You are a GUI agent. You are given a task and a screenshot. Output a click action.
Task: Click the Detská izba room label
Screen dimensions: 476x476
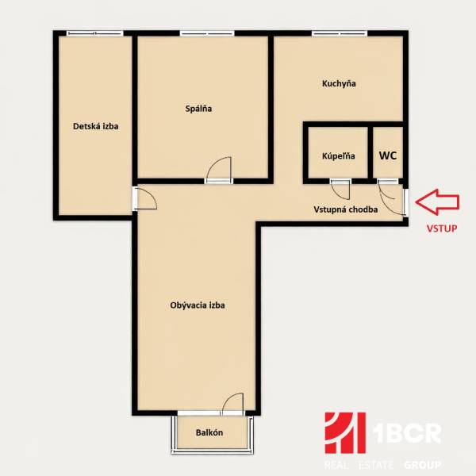click(x=95, y=125)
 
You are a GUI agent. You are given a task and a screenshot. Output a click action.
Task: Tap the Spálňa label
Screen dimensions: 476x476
click(x=198, y=108)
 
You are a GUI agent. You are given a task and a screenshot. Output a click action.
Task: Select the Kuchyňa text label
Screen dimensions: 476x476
click(x=339, y=83)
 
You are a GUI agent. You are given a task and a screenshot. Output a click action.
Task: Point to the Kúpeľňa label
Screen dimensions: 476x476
click(x=338, y=156)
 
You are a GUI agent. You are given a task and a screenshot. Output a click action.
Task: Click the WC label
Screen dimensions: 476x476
click(x=388, y=155)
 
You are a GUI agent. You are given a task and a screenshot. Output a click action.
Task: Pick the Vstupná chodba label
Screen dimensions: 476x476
click(x=344, y=210)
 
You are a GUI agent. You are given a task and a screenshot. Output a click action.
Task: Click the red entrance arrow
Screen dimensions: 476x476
click(x=436, y=202)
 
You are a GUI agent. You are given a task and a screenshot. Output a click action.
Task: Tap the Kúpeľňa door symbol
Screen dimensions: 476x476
click(x=340, y=189)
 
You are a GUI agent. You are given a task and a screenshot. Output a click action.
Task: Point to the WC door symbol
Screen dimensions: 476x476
click(x=388, y=190)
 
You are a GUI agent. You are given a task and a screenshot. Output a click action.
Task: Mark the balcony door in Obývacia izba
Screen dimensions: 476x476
click(x=233, y=405)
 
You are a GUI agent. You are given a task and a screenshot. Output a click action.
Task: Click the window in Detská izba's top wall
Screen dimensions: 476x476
click(x=95, y=33)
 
